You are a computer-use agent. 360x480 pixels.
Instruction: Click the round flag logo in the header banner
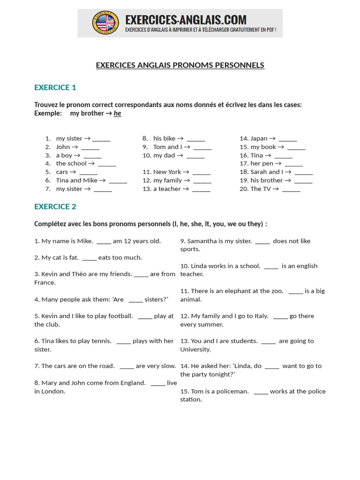click(x=105, y=22)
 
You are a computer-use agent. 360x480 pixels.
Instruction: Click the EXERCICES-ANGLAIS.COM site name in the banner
click(x=186, y=20)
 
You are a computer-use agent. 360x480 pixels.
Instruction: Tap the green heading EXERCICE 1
click(x=55, y=87)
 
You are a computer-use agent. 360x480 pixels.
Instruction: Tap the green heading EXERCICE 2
click(x=55, y=206)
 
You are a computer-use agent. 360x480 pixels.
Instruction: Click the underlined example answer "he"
click(x=117, y=113)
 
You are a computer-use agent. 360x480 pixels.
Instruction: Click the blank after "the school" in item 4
click(x=107, y=164)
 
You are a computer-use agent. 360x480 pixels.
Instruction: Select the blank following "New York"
click(x=202, y=172)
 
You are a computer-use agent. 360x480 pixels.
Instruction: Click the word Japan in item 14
click(x=259, y=138)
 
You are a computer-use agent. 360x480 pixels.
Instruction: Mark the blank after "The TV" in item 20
click(x=291, y=189)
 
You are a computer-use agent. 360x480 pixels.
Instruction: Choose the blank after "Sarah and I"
click(x=304, y=172)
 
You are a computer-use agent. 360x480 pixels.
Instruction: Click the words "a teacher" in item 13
click(x=167, y=189)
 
